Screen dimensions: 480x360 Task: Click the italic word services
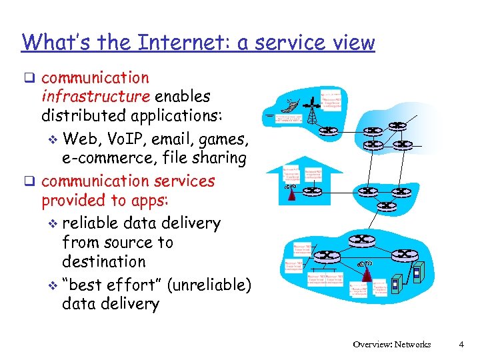point(182,181)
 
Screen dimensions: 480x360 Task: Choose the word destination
point(103,261)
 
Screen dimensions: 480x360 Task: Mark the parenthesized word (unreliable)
point(210,285)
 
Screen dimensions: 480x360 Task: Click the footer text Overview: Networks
point(393,344)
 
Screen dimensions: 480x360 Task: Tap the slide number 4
point(461,344)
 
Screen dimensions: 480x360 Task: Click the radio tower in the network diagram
point(312,112)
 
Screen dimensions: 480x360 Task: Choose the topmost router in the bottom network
point(361,239)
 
